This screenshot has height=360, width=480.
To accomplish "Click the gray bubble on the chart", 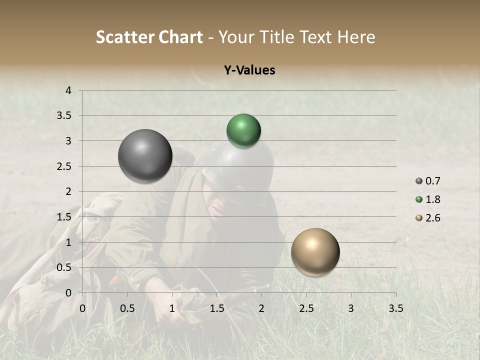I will point(145,156).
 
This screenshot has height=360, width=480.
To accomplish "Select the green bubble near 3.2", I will point(243,130).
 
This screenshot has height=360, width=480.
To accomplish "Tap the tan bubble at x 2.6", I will point(315,252).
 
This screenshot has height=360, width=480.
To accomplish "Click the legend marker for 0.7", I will point(419,181).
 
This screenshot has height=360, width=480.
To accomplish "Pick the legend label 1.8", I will point(433,199).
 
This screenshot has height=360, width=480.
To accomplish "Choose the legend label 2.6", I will point(433,218).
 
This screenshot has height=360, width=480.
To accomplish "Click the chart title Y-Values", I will point(249,70).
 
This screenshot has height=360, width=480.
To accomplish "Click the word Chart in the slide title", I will point(180,37).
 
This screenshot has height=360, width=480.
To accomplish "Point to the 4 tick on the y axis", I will point(68,90).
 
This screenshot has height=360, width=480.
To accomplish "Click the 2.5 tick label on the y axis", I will point(64,166).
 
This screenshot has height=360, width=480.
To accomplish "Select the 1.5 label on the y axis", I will point(64,216).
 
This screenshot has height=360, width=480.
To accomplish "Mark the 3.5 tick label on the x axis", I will point(395,308).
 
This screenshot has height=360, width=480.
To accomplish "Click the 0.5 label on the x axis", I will point(127,308).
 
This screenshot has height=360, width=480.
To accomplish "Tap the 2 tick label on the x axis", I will point(261,308).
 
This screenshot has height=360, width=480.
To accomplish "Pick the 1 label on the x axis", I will point(172,308).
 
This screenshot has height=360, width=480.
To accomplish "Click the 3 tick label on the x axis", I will point(351,308).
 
